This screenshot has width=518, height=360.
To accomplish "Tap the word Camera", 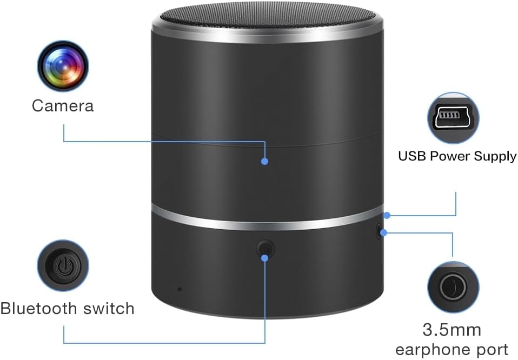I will click(x=63, y=105).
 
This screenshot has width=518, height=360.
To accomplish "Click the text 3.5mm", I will click(x=452, y=329).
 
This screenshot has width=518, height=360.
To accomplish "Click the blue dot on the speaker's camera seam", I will click(x=265, y=161).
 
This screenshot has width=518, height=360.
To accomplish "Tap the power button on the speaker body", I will click(x=265, y=249).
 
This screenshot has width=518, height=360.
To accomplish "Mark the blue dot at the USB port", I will click(x=388, y=215).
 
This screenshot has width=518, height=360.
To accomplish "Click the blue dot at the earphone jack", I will click(x=384, y=233).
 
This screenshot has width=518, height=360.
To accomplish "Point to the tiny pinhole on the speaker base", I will click(x=180, y=288).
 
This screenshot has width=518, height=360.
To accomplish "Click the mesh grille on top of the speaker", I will click(x=268, y=15).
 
